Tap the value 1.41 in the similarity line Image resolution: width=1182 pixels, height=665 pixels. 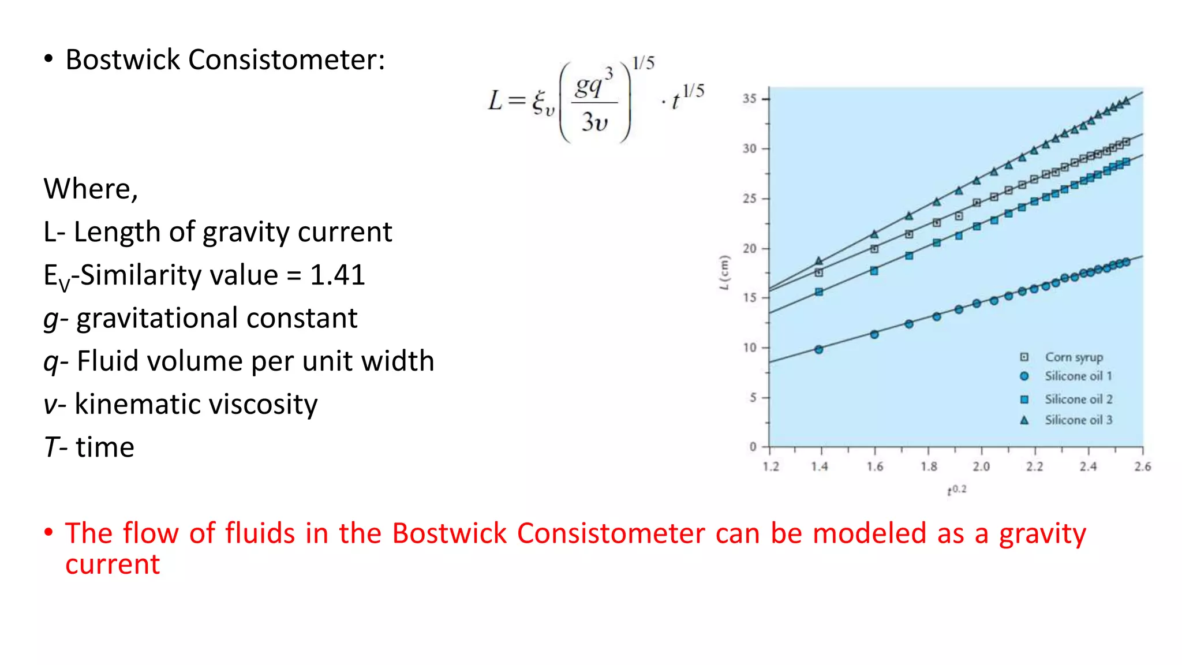pyautogui.click(x=338, y=275)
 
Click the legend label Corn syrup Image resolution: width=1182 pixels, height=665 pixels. pyautogui.click(x=1073, y=357)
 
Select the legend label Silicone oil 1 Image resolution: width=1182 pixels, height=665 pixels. pyautogui.click(x=1078, y=376)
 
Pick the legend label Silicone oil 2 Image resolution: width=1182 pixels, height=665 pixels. pyautogui.click(x=1078, y=399)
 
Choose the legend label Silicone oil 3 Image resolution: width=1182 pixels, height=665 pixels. pyautogui.click(x=1078, y=420)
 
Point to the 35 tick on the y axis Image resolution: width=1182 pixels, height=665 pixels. pyautogui.click(x=750, y=99)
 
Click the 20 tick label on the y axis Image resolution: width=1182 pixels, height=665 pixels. pyautogui.click(x=750, y=249)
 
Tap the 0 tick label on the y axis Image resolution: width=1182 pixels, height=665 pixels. pyautogui.click(x=753, y=447)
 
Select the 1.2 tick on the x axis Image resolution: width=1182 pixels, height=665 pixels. pyautogui.click(x=771, y=466)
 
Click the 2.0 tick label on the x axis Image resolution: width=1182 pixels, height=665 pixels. pyautogui.click(x=981, y=466)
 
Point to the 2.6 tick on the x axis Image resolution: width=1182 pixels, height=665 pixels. pyautogui.click(x=1142, y=466)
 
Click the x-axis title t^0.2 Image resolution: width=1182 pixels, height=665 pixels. pyautogui.click(x=956, y=490)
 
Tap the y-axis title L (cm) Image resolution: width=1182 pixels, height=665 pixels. pyautogui.click(x=724, y=272)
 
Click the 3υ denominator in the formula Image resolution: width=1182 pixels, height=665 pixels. pyautogui.click(x=594, y=122)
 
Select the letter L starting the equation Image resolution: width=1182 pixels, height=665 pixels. pyautogui.click(x=496, y=100)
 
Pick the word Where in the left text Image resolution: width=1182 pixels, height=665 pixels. pyautogui.click(x=90, y=189)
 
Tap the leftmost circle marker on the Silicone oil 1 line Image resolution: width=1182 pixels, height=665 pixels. pyautogui.click(x=818, y=349)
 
